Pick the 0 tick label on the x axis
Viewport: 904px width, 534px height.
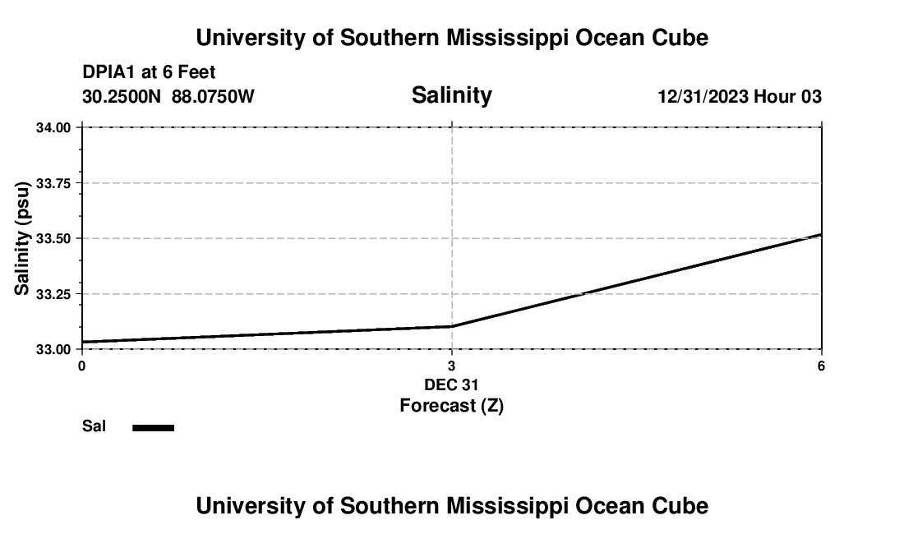81,366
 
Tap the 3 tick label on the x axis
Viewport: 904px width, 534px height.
451,366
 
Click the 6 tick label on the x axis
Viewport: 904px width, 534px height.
821,366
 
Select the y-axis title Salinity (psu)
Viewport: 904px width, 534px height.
23,238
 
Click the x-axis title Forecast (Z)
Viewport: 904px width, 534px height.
451,406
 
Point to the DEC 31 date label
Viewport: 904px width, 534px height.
451,384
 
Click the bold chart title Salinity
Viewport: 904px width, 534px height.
451,95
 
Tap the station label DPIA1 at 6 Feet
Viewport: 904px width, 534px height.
149,72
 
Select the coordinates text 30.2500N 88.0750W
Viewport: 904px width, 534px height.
168,97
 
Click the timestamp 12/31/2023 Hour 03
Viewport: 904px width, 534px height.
740,97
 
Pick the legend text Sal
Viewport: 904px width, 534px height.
94,426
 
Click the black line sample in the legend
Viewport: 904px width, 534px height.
154,427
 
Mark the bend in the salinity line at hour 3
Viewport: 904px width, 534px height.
452,326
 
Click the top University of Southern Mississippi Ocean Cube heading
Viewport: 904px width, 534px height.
451,38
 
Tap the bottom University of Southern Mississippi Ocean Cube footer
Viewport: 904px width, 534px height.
451,506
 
